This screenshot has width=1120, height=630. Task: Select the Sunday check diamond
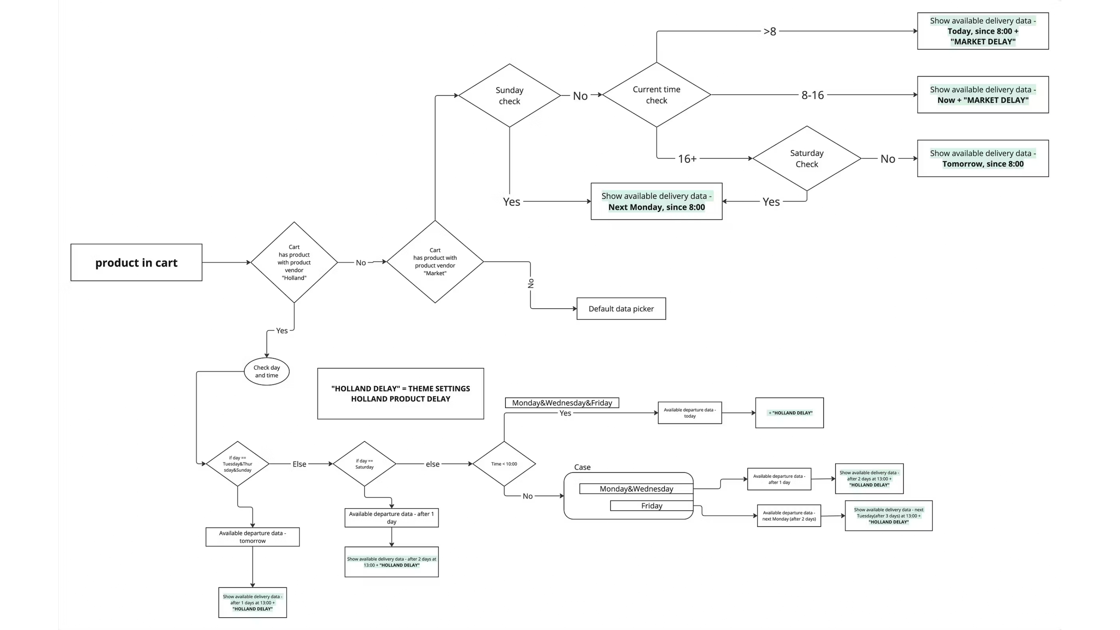coord(509,95)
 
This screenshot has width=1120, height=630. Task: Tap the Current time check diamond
coord(656,94)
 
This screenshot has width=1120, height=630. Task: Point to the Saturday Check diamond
coord(806,158)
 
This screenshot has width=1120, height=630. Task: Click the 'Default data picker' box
coord(621,309)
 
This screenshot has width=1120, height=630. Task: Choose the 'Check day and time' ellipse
coord(267,371)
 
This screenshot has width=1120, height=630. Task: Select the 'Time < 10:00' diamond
coord(504,464)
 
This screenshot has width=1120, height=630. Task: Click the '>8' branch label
coord(769,31)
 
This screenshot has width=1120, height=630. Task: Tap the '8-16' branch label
coord(812,95)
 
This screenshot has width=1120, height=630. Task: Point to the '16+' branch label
coord(687,159)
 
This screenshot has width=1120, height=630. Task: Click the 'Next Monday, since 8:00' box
coord(656,201)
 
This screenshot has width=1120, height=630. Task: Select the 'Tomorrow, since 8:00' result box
coord(983,158)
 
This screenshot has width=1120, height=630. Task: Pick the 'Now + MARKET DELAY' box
coord(983,95)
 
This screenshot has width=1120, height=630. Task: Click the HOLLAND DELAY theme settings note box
coord(401,393)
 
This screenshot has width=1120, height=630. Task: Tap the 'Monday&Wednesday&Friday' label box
coord(562,403)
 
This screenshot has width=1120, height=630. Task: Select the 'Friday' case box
coord(651,506)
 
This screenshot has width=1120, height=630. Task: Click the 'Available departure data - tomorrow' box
coord(252,537)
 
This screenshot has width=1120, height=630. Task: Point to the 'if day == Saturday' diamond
coord(364,464)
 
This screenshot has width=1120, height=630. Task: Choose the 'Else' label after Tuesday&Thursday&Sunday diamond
coord(299,464)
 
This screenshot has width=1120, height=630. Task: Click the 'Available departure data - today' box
coord(690,413)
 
